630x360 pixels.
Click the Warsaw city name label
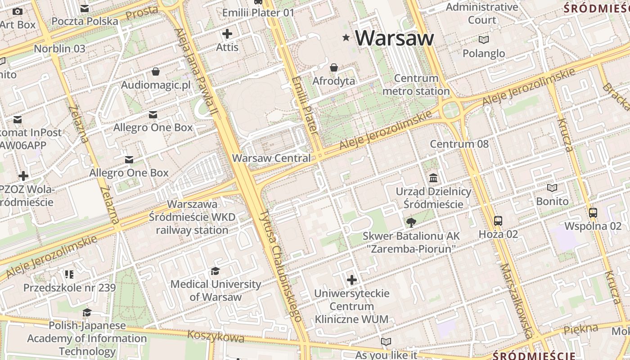[394, 38]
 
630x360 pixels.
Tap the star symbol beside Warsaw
[346, 38]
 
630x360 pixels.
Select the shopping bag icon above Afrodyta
[334, 68]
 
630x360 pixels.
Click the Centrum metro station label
[416, 85]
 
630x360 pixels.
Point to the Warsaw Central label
[271, 158]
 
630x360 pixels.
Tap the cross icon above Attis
[227, 34]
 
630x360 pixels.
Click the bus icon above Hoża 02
[498, 221]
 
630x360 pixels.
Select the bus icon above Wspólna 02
[593, 213]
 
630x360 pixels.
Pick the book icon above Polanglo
[484, 40]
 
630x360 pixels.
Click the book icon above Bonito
[552, 188]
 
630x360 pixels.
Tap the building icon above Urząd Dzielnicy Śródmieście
[433, 178]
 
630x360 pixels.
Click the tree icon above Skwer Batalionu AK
[411, 222]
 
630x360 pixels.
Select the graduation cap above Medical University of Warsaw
[215, 271]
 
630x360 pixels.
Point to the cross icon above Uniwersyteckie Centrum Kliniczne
[351, 280]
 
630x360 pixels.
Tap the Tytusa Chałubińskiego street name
[281, 265]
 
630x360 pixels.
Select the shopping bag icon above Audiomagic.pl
[155, 72]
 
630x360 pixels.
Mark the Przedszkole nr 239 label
[69, 288]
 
